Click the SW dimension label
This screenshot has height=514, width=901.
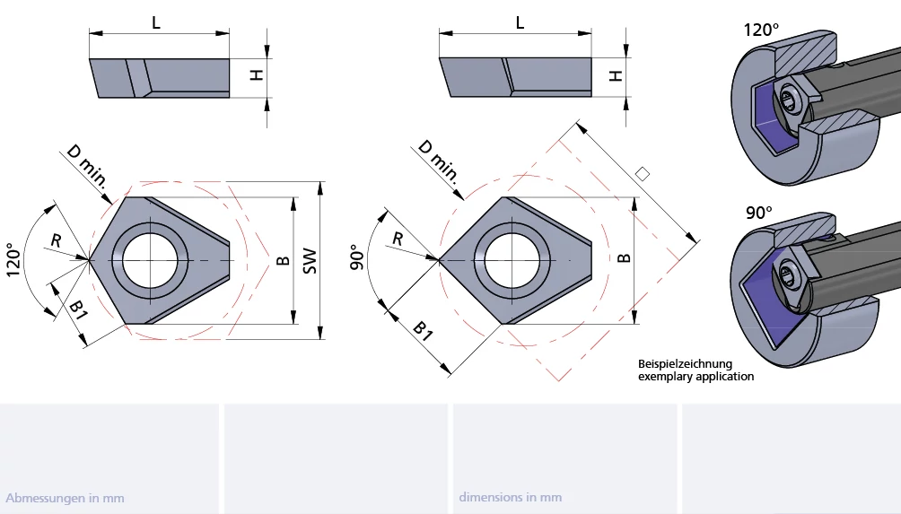[x=311, y=260]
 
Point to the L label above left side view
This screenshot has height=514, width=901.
[x=156, y=23]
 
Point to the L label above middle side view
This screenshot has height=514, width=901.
[x=520, y=23]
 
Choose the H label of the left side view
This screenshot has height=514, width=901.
[x=257, y=75]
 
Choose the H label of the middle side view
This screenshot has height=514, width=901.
[x=616, y=75]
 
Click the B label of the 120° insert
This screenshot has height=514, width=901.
[x=283, y=260]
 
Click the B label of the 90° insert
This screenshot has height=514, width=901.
[x=625, y=258]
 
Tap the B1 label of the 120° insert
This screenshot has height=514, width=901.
[x=79, y=310]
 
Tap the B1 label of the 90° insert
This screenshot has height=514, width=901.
[x=423, y=329]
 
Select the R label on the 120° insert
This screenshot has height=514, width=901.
[x=56, y=240]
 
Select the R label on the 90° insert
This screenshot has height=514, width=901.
[x=398, y=238]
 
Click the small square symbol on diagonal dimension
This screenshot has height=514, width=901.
[x=641, y=173]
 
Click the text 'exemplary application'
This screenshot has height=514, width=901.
[x=695, y=377]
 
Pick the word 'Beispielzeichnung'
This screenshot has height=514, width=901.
[x=685, y=363]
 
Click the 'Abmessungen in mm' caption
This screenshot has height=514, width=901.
[x=65, y=498]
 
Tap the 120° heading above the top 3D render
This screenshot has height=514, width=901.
[x=762, y=30]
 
